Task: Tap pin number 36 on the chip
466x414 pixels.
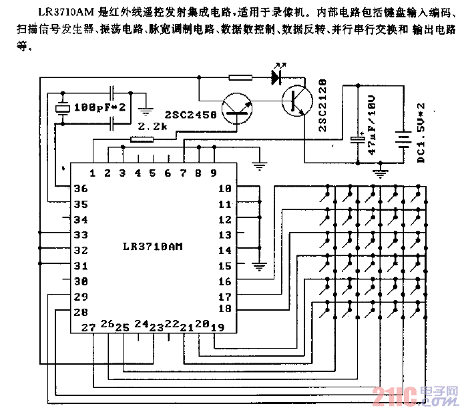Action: click(81, 189)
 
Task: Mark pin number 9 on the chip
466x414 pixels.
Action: click(214, 173)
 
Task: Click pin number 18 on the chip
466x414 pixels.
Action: click(224, 309)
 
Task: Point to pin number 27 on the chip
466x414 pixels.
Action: click(88, 327)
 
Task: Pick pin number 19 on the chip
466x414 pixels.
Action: click(216, 327)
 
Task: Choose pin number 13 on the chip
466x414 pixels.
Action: click(224, 235)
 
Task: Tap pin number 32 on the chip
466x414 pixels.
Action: click(81, 250)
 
